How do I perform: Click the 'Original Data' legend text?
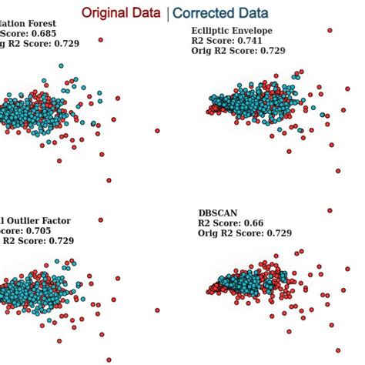(x=122, y=13)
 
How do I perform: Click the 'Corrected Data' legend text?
(x=220, y=13)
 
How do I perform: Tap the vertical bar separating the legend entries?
(x=167, y=13)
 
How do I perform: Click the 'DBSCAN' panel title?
(x=218, y=213)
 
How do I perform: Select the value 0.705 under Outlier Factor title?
(x=41, y=230)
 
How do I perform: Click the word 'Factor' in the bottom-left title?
(x=55, y=220)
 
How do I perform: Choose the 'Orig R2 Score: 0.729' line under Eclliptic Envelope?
(x=238, y=50)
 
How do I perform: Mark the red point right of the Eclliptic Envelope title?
(x=330, y=30)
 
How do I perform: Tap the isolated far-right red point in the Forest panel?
(x=157, y=130)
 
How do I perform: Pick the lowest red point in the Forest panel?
(x=109, y=180)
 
